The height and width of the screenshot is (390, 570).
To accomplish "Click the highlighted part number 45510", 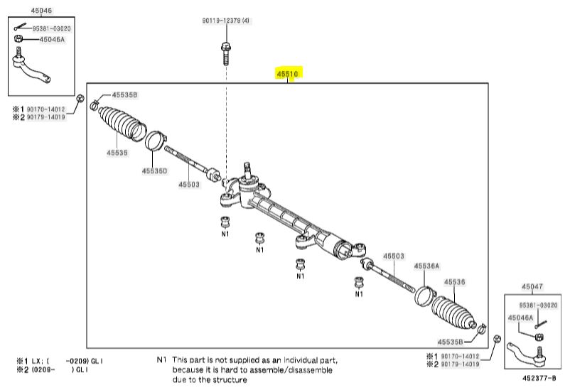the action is [x=287, y=74].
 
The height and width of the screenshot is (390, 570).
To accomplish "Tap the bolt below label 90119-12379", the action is [x=226, y=53].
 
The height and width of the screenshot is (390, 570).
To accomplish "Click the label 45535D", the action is [x=154, y=170].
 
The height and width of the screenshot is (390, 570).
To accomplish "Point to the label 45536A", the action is [x=426, y=266].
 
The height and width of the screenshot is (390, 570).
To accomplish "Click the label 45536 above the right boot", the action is [x=454, y=282].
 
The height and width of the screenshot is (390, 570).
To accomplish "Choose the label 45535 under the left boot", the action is [x=117, y=153].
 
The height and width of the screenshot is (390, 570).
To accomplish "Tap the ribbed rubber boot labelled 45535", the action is [x=122, y=123].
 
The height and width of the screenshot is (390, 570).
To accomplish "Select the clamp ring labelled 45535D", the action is [x=156, y=141].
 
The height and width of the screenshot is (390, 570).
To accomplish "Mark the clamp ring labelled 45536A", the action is [x=424, y=296].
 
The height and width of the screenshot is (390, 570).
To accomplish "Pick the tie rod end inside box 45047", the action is [x=527, y=354].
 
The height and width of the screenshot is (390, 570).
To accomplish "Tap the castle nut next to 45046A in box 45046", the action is [x=18, y=38].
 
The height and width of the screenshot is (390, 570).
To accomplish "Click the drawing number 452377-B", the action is [x=539, y=378].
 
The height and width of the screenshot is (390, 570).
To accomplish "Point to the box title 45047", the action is [x=532, y=286].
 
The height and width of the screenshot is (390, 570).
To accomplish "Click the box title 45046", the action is [x=41, y=11].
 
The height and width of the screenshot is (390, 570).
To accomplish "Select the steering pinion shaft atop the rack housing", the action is [x=248, y=170].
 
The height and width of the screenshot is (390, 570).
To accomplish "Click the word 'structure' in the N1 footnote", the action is [x=230, y=380].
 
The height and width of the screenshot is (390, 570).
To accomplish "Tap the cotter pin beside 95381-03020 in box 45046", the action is [x=21, y=27].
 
